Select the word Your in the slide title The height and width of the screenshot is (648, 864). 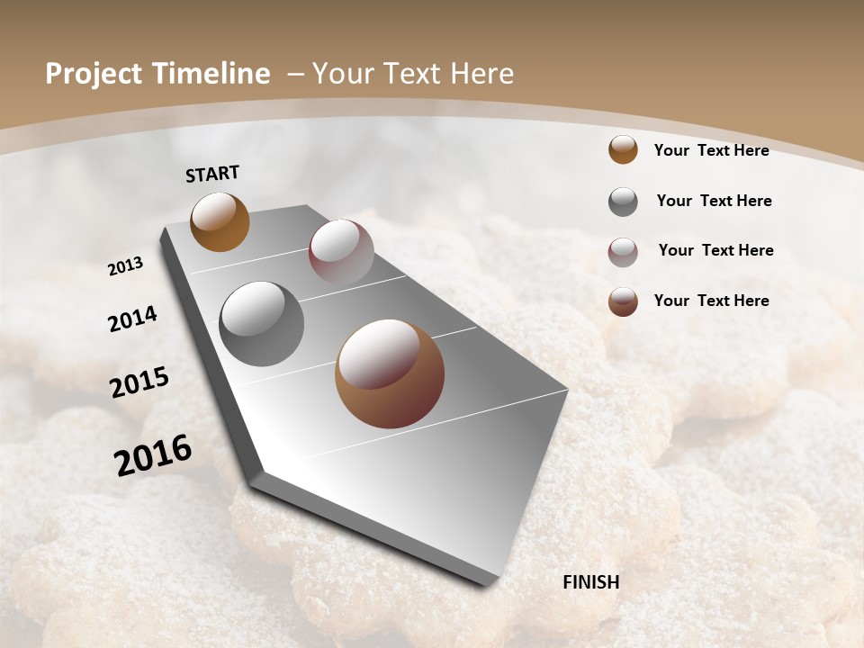tap(344, 74)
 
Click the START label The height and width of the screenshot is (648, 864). tap(212, 174)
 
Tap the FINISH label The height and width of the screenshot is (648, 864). tap(591, 582)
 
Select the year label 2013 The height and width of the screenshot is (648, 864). tap(125, 266)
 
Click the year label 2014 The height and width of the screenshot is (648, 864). tap(132, 319)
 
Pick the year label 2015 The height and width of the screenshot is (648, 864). tap(139, 382)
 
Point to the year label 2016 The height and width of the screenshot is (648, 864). tap(153, 454)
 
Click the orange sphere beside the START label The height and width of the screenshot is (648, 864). tap(220, 222)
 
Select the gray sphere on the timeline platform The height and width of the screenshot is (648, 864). tap(262, 324)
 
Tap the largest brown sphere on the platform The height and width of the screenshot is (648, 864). tap(390, 373)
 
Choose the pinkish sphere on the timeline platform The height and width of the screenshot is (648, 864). tap(341, 251)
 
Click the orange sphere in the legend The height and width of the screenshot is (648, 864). tap(623, 149)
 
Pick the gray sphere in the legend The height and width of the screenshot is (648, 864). tap(623, 202)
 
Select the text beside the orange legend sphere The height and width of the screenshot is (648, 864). tap(711, 151)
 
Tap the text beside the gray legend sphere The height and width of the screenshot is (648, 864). tap(714, 201)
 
